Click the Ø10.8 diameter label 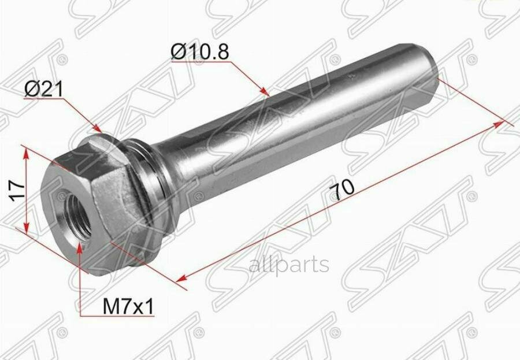(200, 52)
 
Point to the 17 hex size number (17, 191)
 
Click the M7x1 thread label (128, 307)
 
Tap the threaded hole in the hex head (77, 218)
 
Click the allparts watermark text (289, 265)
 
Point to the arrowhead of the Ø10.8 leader (264, 91)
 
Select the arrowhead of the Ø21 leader (97, 128)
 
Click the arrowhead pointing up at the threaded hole (79, 248)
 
